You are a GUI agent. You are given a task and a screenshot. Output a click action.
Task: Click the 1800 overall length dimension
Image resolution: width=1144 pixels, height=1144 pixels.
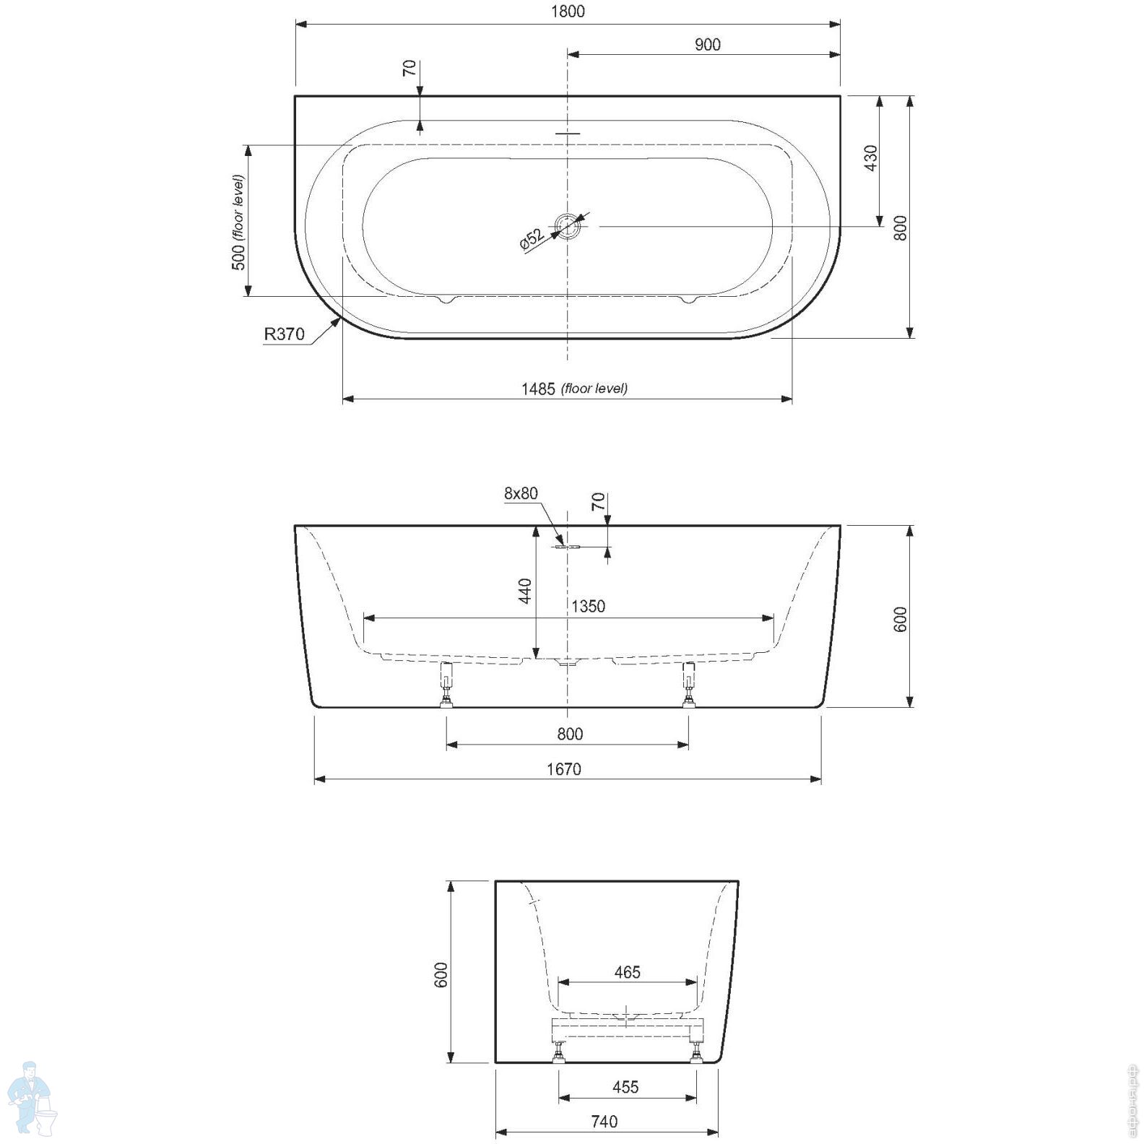pos(568,12)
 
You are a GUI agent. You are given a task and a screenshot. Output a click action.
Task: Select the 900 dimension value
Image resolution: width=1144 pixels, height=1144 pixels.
pos(707,45)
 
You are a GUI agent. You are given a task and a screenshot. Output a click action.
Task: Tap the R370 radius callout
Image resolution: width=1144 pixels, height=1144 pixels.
pos(284,334)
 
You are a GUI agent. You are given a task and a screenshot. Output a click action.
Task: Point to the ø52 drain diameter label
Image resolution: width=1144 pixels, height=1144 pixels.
pos(532,238)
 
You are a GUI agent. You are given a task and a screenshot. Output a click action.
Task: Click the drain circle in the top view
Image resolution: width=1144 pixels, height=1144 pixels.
pos(568,226)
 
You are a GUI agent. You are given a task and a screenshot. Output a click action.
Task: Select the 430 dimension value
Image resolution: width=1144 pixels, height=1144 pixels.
pos(870,158)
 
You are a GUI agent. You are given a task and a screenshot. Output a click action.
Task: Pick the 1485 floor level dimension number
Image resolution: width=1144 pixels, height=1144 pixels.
pos(538,389)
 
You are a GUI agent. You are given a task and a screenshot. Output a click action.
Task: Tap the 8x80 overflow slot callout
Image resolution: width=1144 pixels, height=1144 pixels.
pos(521,493)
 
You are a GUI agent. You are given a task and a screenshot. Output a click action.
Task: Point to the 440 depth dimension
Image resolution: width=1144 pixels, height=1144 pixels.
pos(525,591)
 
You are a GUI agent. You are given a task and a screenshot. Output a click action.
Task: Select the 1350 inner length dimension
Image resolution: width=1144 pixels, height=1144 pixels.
pos(588,607)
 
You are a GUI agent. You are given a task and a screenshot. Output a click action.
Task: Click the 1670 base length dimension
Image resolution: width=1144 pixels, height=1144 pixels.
pos(563,770)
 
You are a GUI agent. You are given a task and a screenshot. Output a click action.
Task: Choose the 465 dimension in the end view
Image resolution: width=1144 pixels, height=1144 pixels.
pos(627,973)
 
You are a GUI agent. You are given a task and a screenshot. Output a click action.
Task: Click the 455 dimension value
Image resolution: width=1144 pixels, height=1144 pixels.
pos(625,1087)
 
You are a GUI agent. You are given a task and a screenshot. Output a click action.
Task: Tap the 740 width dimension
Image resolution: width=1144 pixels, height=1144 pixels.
pos(604,1122)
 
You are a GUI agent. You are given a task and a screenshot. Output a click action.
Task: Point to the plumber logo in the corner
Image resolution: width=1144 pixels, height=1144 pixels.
pos(32,1099)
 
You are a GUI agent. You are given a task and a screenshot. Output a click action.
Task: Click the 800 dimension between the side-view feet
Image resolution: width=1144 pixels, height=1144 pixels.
pos(570,734)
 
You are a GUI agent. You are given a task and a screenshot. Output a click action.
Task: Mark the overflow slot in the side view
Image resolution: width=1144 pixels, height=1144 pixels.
pos(567,547)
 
